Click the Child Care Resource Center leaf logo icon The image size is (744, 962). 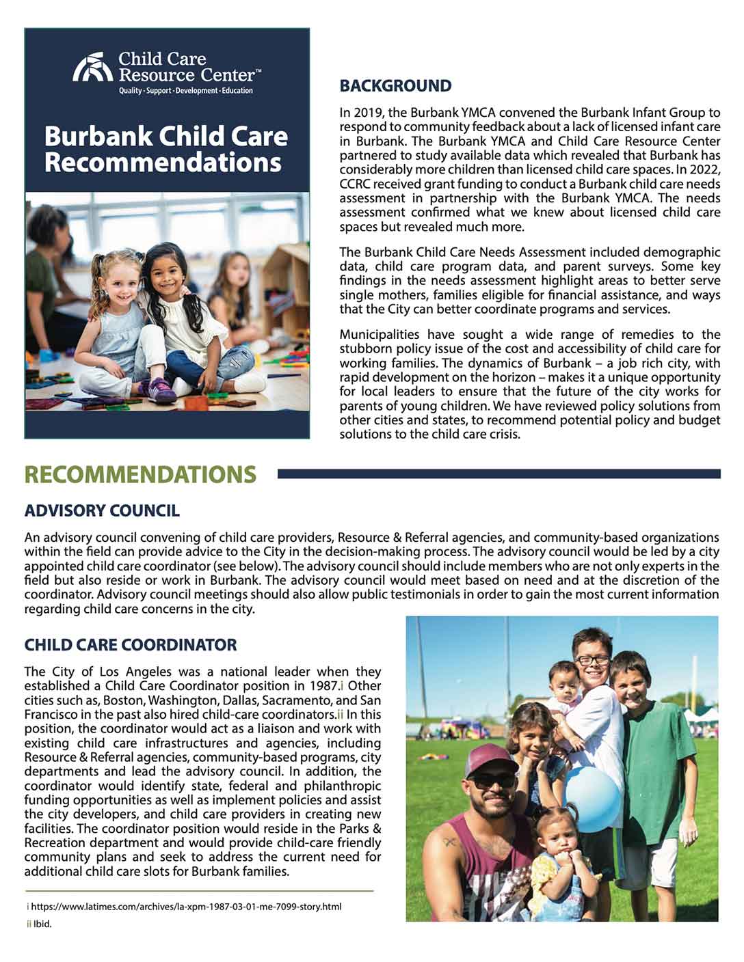pos(92,68)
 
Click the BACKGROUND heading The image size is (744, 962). pos(395,86)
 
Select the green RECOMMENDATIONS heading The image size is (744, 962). pos(140,474)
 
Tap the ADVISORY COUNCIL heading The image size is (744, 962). pos(102,510)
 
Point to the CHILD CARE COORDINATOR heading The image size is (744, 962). pos(131,645)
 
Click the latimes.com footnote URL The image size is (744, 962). pos(186,907)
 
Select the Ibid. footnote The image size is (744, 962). pos(42,924)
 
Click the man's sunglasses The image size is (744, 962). pos(490,780)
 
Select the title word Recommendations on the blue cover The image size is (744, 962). pos(163,163)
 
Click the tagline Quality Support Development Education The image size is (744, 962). pos(186,91)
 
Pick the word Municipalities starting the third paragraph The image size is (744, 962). pos(380,335)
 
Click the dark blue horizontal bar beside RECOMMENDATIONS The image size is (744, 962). pos(499,473)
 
